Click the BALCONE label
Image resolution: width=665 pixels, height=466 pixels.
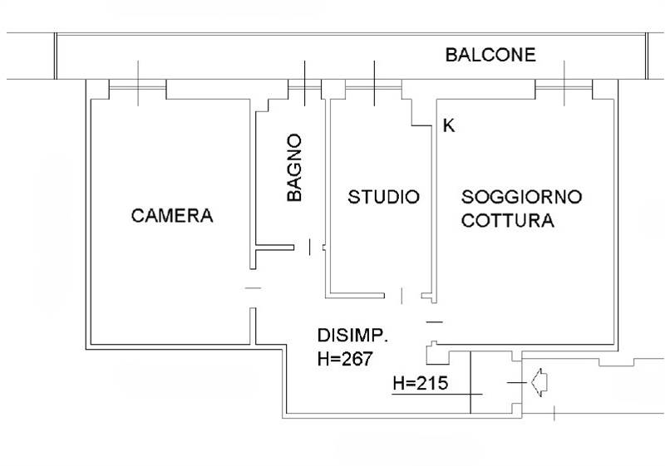click(490, 56)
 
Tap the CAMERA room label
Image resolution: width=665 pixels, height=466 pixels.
click(172, 216)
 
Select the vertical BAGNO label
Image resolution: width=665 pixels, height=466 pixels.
click(294, 169)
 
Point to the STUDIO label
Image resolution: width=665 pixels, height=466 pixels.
click(383, 198)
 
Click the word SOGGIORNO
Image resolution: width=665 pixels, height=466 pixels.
click(522, 198)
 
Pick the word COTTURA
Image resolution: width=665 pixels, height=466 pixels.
click(508, 222)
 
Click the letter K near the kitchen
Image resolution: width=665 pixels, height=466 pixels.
click(449, 126)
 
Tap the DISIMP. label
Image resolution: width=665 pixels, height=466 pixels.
click(353, 336)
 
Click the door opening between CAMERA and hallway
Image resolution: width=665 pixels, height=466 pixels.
click(254, 288)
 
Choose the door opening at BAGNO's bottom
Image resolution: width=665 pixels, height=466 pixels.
click(309, 247)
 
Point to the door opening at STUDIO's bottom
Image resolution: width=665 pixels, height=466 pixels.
click(404, 295)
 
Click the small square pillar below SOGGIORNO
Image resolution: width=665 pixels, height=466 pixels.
click(436, 355)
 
